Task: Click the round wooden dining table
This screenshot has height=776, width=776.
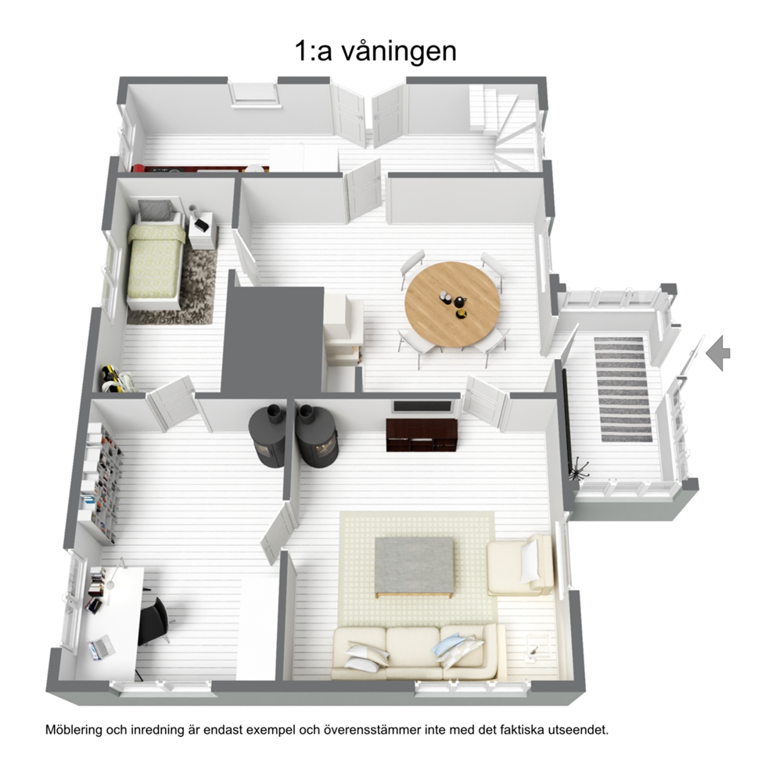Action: tap(452, 304)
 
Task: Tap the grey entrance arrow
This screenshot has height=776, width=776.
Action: tap(718, 353)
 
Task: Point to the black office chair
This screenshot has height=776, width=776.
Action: tap(154, 620)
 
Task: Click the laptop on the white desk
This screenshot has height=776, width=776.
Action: tap(101, 648)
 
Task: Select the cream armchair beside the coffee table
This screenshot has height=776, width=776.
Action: tap(519, 565)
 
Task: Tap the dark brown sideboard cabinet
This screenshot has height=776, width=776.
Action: tap(422, 434)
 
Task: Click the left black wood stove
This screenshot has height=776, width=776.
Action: tap(268, 436)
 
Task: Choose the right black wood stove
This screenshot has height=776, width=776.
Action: tap(318, 436)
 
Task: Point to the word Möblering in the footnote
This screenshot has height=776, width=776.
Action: tap(74, 730)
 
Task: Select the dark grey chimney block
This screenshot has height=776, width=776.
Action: tap(273, 339)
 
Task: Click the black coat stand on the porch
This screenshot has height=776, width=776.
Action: tap(579, 469)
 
